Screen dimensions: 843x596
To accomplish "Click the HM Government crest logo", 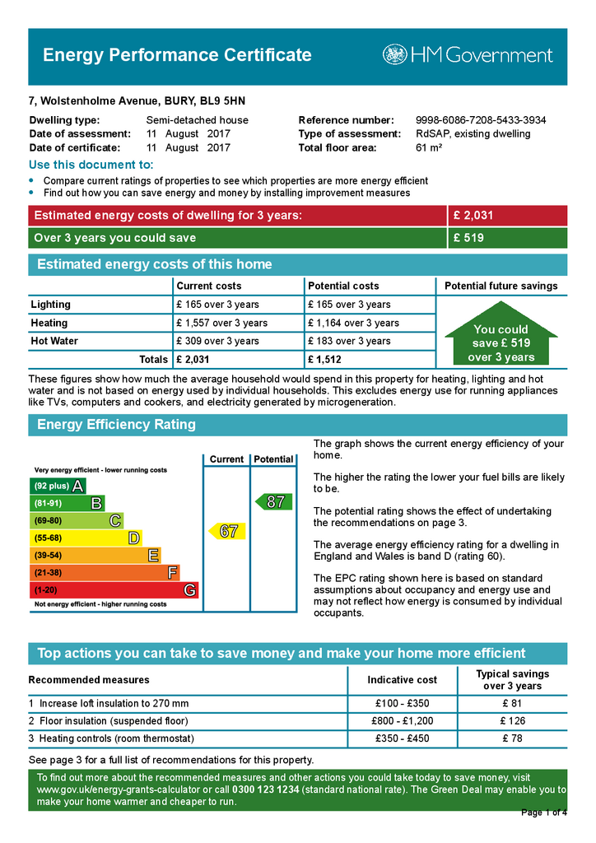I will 394,55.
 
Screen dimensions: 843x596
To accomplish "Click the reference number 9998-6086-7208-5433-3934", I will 481,120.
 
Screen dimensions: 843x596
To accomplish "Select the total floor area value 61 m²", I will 429,148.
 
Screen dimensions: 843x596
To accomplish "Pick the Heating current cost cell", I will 221,323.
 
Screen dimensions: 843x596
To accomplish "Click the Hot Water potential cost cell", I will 349,341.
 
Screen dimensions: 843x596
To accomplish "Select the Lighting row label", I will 51,305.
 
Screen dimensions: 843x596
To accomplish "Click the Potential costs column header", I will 343,286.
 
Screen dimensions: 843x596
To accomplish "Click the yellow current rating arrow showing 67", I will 227,531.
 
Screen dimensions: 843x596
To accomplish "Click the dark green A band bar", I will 58,486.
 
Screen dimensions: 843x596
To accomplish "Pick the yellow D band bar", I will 86,538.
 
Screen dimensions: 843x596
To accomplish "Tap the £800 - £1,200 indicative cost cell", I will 402,721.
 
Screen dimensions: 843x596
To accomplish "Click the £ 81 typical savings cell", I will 512,703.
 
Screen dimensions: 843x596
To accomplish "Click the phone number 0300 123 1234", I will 265,789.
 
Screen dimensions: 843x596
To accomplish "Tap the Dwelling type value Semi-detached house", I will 197,120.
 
